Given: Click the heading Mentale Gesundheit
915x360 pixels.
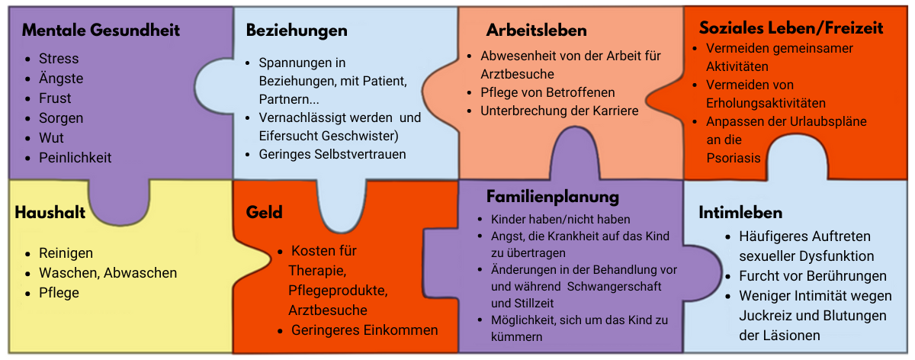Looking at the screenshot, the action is [101, 31].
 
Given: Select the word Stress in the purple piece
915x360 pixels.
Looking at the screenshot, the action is [59, 59].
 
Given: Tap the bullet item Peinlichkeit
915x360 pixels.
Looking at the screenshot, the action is [75, 158].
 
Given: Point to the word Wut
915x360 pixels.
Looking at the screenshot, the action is [52, 138].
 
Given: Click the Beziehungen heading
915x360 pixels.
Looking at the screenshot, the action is [297, 31].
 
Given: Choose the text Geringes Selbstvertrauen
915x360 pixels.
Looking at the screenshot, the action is [332, 154].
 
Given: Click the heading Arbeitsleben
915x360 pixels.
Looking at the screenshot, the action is [537, 31].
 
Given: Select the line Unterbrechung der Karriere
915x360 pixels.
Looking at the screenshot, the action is [560, 111].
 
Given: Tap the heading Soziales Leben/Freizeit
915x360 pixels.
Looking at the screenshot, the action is [791, 27].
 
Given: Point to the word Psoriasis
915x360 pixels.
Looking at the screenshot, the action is [734, 158].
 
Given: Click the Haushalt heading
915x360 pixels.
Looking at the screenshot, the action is [50, 213].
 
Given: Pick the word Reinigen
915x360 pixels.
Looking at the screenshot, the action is [66, 253].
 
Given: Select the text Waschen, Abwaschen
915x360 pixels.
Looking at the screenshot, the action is [108, 273].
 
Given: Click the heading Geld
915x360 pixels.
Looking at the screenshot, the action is [265, 213].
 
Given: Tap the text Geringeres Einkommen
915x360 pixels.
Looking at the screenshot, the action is [364, 330].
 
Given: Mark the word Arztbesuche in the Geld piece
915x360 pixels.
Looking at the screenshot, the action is [328, 310].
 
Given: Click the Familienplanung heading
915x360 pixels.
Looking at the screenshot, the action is [553, 197].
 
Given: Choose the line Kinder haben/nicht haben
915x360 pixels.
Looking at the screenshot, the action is [560, 220].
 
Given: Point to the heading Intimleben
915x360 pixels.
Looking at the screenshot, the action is [740, 213].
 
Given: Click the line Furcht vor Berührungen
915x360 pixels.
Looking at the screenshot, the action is [813, 276].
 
